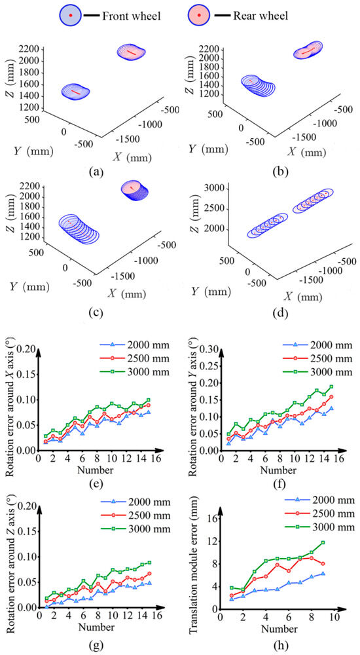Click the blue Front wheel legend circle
pyautogui.click(x=71, y=16)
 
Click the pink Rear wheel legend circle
pyautogui.click(x=200, y=16)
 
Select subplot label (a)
pyautogui.click(x=95, y=171)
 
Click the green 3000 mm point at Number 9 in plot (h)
pyautogui.click(x=323, y=542)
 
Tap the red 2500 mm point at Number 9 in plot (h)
pyautogui.click(x=323, y=563)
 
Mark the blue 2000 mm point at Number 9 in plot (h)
pyautogui.click(x=323, y=574)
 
